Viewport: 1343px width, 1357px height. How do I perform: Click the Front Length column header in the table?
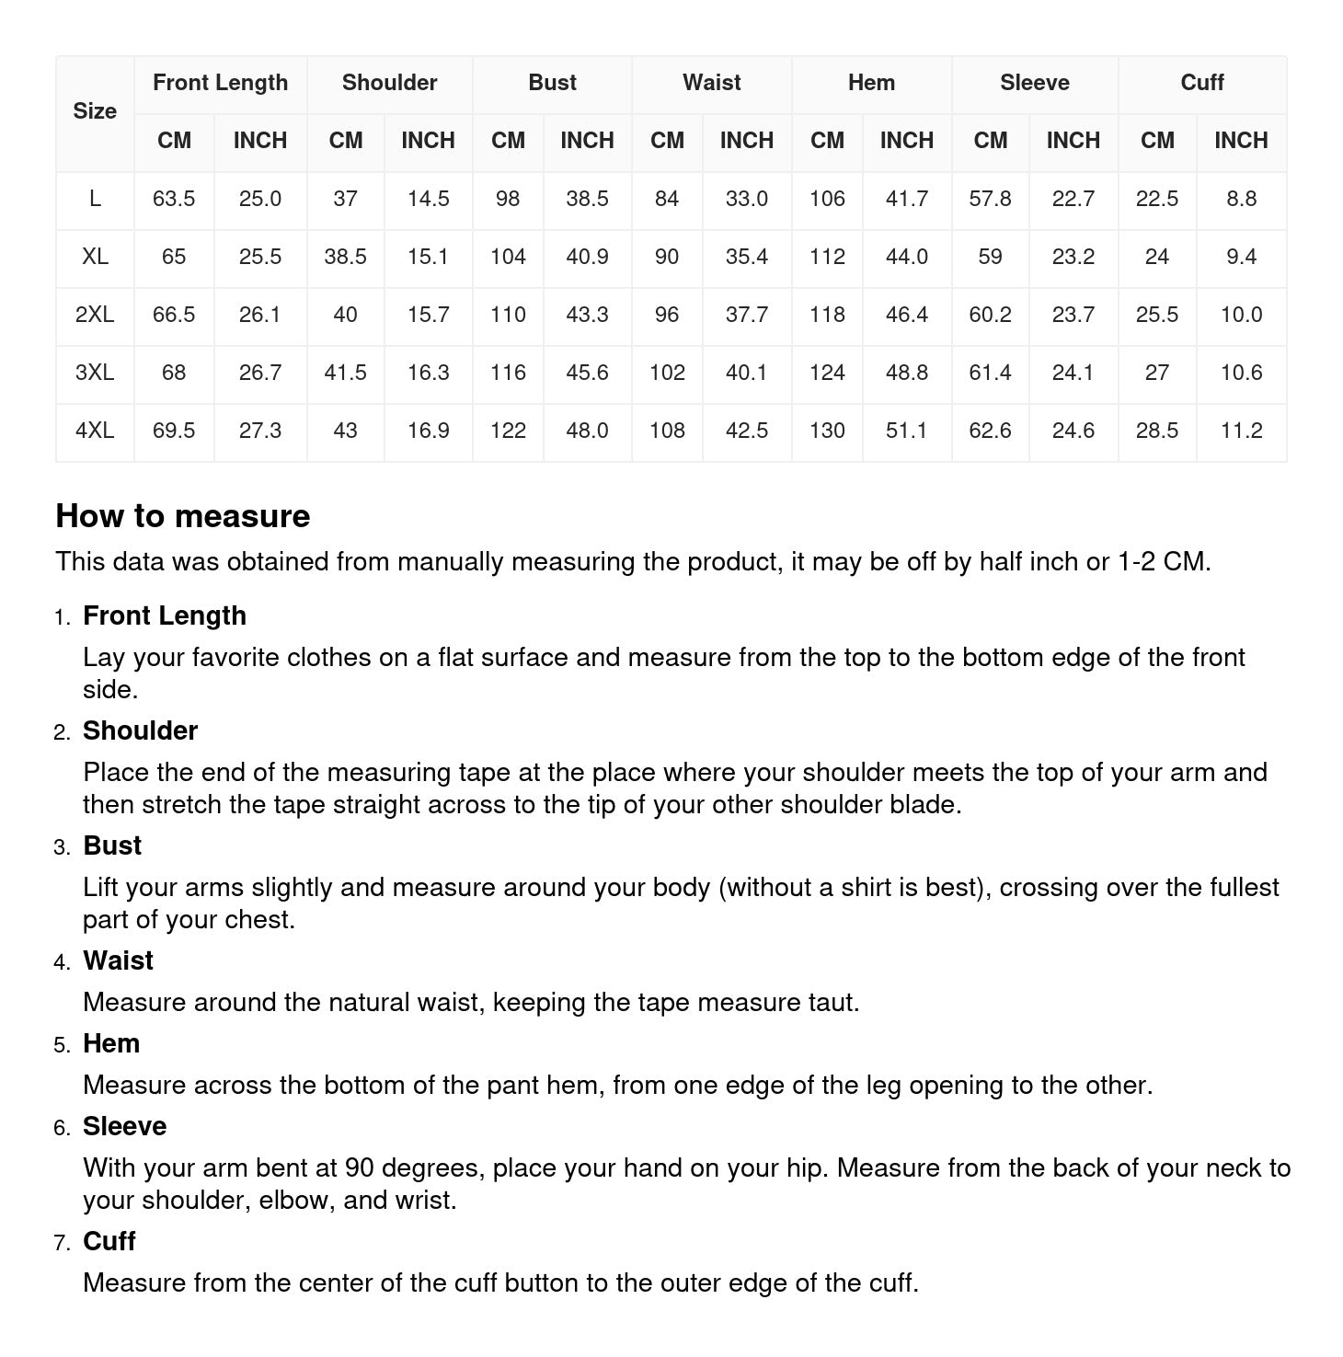pyautogui.click(x=220, y=83)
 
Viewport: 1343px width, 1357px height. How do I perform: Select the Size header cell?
pyautogui.click(x=95, y=111)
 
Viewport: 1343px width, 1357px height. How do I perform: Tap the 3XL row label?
pyautogui.click(x=95, y=373)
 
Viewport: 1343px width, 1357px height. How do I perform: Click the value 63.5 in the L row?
pyautogui.click(x=174, y=199)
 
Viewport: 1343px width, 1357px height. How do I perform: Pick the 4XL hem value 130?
pyautogui.click(x=827, y=431)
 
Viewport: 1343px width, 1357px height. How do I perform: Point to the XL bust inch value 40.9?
pyautogui.click(x=587, y=257)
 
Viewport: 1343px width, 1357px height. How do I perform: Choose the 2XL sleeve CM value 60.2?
pyautogui.click(x=990, y=315)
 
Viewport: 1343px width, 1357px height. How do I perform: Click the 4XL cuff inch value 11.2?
pyautogui.click(x=1241, y=431)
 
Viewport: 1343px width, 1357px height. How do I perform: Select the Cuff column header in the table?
pyautogui.click(x=1201, y=83)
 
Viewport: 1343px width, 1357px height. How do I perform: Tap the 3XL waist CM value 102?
pyautogui.click(x=667, y=373)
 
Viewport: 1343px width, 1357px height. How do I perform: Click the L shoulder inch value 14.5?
pyautogui.click(x=428, y=199)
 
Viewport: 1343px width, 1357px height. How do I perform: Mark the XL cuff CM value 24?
pyautogui.click(x=1156, y=257)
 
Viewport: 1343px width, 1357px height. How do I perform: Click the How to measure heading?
pyautogui.click(x=183, y=516)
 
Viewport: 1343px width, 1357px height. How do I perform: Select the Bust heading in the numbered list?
pyautogui.click(x=112, y=845)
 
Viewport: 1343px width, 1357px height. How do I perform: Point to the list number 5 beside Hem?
pyautogui.click(x=62, y=1045)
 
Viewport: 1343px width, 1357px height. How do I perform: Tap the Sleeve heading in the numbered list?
pyautogui.click(x=124, y=1126)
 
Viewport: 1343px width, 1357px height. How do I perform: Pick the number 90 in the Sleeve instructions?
pyautogui.click(x=359, y=1167)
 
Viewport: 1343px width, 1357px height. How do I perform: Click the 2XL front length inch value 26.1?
pyautogui.click(x=259, y=315)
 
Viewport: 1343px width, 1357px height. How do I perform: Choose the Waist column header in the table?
pyautogui.click(x=711, y=83)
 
